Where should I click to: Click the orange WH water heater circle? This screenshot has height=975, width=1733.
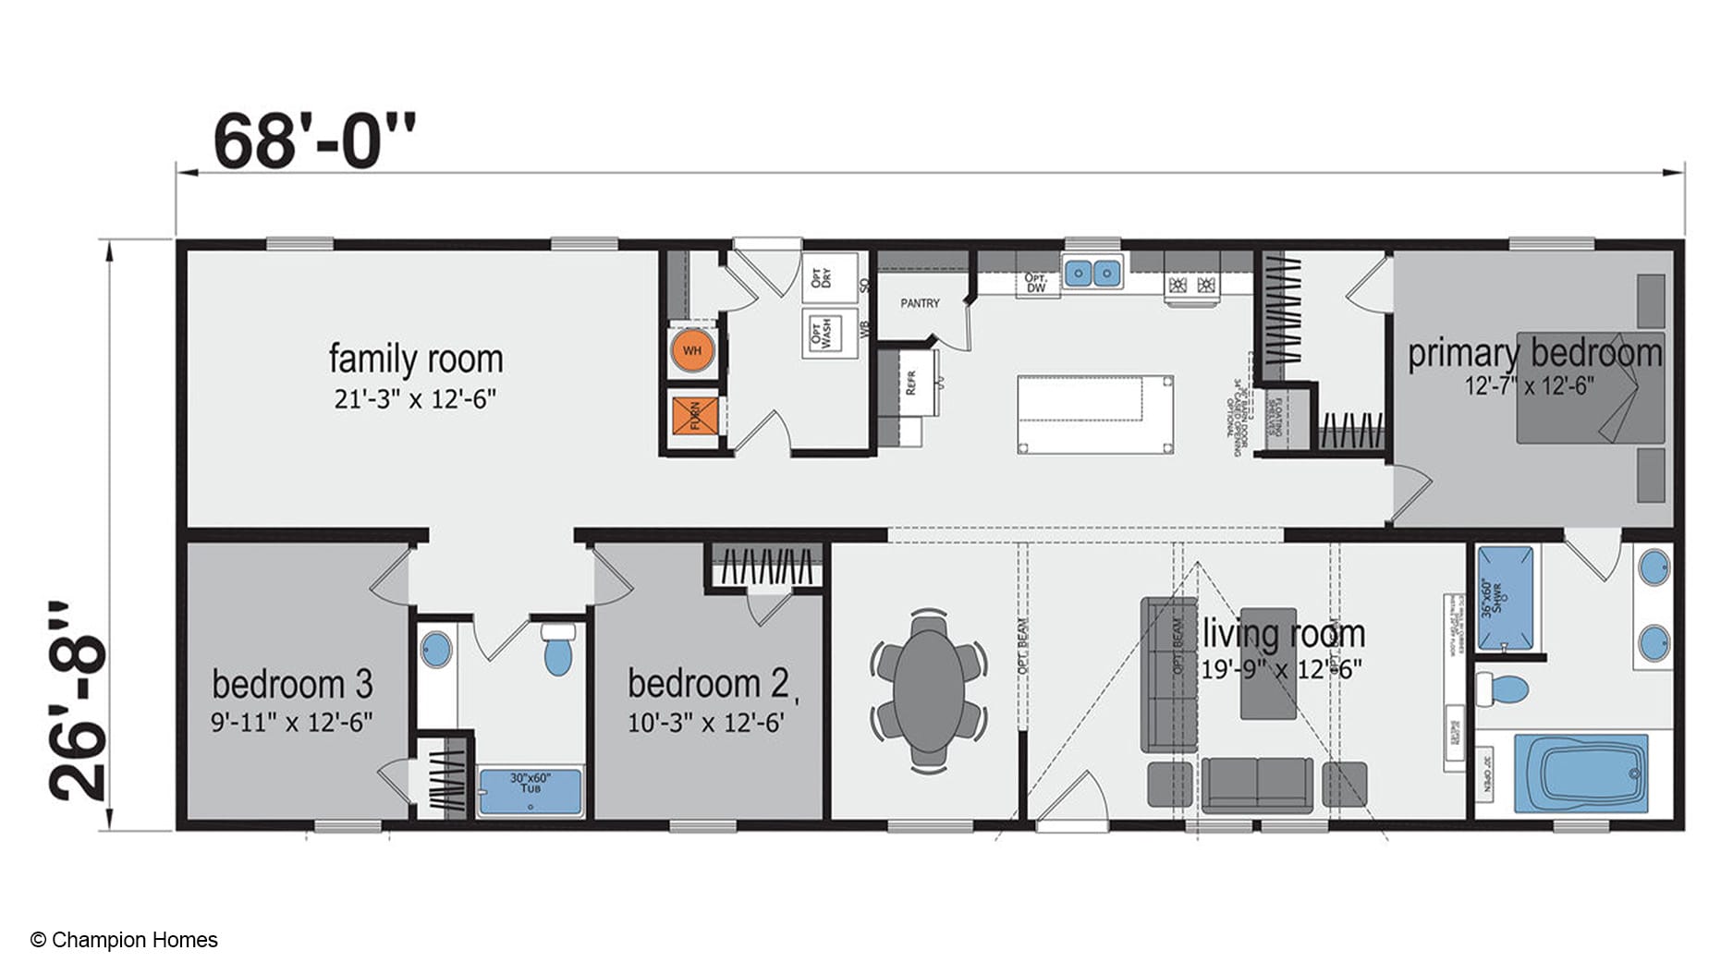(692, 351)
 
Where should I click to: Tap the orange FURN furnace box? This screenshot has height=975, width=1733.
(694, 415)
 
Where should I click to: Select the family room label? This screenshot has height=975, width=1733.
(416, 359)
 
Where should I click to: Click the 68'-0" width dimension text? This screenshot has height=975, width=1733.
(314, 141)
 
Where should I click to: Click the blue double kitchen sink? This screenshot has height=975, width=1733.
(1092, 273)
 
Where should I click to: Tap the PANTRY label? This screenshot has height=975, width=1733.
(920, 303)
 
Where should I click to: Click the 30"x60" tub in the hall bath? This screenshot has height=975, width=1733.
(531, 792)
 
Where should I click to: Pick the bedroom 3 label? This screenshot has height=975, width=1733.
(292, 685)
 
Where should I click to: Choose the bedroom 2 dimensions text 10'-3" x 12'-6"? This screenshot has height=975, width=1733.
(706, 723)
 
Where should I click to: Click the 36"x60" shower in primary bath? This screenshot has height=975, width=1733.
(1505, 598)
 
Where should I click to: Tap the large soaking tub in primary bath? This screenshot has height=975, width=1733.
(1580, 774)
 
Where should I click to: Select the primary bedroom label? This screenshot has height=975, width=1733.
(1534, 354)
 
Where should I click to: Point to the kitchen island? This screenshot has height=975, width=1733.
(1095, 414)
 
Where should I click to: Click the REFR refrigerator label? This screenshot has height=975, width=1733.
(910, 383)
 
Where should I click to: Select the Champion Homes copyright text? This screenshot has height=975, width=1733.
(125, 940)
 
